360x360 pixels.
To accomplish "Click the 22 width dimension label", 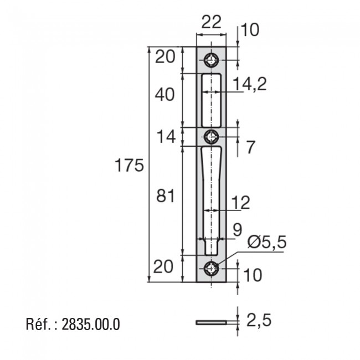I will click(211, 22).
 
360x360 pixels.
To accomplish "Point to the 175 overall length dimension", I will click(129, 165).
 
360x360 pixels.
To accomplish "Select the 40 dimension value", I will click(164, 95).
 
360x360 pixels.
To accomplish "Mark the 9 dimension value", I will click(236, 230).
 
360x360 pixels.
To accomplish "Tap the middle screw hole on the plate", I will click(211, 136).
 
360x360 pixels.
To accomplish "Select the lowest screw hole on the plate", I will click(211, 269).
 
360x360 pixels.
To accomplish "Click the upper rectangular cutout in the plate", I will click(211, 100).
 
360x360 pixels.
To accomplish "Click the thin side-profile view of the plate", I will click(211, 321).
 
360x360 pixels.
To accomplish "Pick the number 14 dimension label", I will click(164, 136).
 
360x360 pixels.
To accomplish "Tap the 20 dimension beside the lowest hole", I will click(164, 268).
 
